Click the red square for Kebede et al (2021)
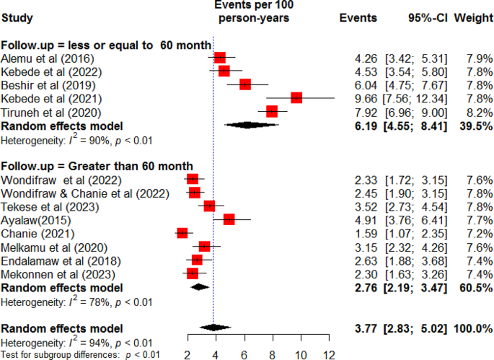(296, 97)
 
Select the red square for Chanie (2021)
(182, 232)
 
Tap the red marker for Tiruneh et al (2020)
(272, 111)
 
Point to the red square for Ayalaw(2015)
(229, 219)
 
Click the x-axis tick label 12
(330, 354)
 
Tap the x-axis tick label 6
(244, 354)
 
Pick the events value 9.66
(367, 97)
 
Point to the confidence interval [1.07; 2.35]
(418, 232)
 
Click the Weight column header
(472, 17)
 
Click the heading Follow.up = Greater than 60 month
(97, 166)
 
